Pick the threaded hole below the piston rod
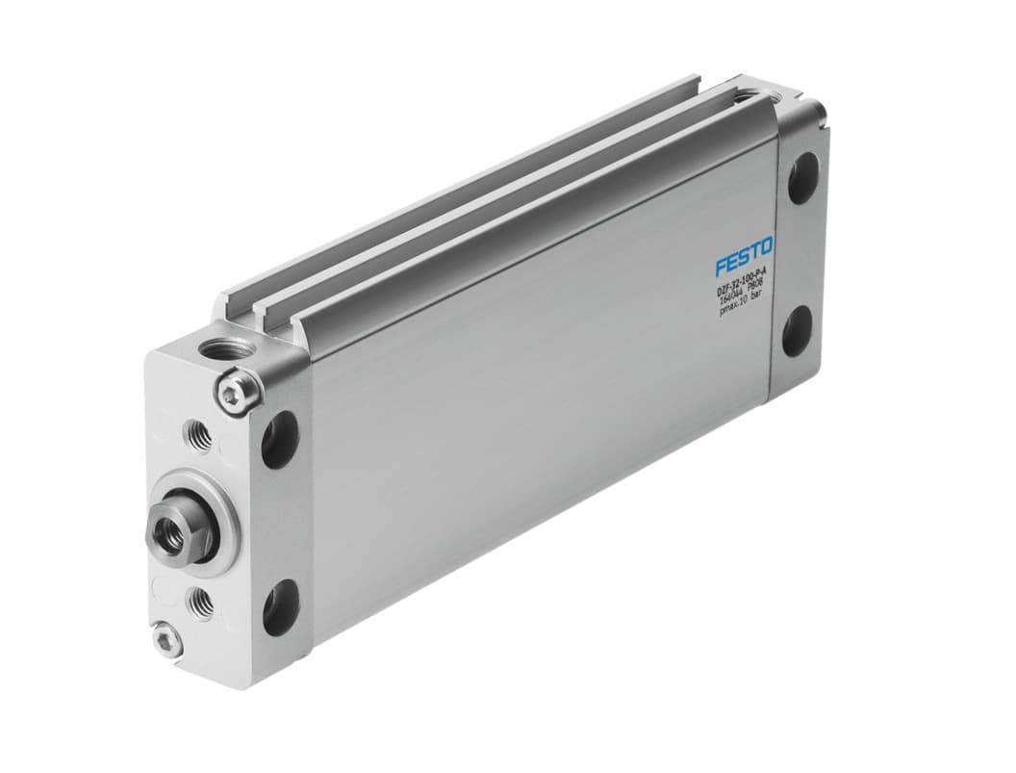[x=203, y=603]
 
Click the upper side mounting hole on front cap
[x=280, y=438]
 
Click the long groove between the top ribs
[x=481, y=193]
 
